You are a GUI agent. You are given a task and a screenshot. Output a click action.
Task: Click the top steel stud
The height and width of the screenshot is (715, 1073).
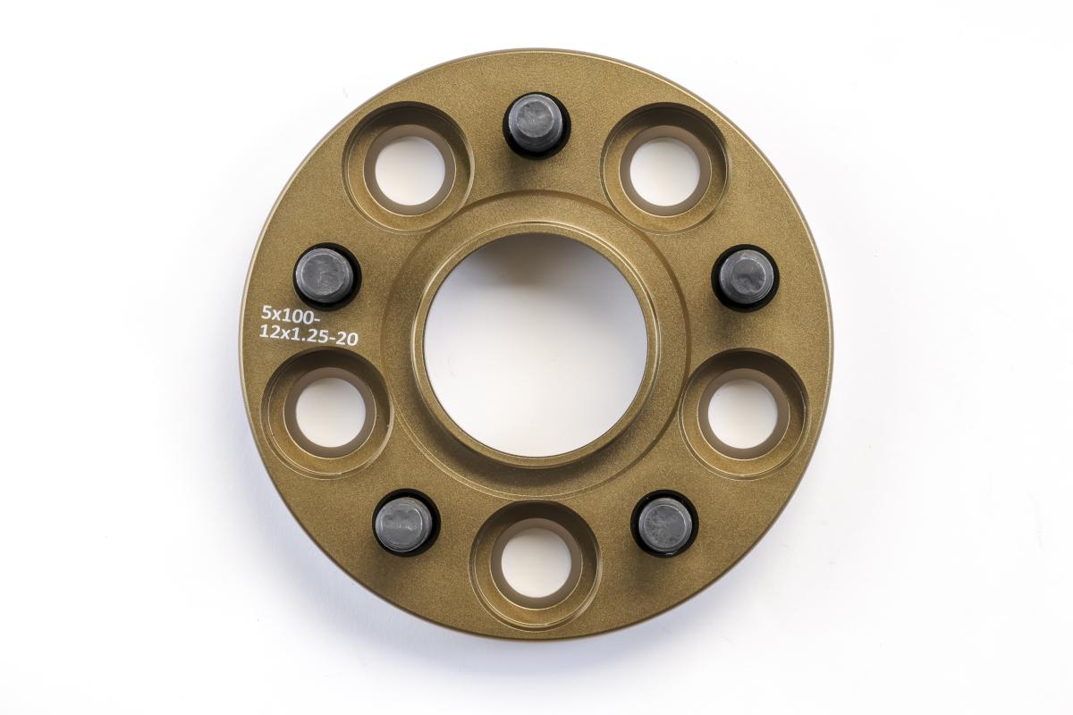536,123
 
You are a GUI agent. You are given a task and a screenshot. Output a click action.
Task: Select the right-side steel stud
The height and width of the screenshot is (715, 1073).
746,278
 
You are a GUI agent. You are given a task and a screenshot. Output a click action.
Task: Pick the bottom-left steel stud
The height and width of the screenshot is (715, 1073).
406,524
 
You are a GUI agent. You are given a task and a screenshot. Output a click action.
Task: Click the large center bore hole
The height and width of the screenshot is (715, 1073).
536,345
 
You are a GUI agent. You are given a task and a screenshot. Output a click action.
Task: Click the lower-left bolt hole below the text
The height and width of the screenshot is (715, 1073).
330,411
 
